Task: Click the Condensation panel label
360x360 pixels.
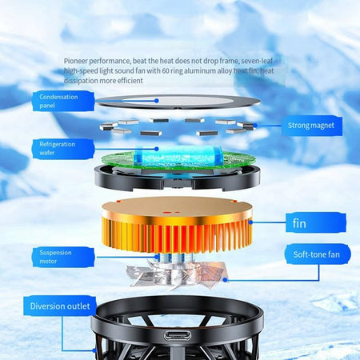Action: tap(63, 101)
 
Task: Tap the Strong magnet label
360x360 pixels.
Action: tap(311, 126)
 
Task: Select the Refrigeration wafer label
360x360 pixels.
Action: tap(63, 149)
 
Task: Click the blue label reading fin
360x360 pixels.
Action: tap(316, 223)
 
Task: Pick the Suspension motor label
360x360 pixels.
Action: tap(63, 257)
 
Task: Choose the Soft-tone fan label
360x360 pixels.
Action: tap(317, 254)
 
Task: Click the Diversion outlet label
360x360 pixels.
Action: tap(60, 306)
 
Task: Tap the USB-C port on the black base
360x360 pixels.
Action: tap(178, 335)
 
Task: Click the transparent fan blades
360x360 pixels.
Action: tap(177, 275)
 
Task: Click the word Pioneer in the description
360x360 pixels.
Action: tap(76, 61)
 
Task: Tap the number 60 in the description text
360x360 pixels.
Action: tap(166, 71)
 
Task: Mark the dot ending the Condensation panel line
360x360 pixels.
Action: tap(157, 101)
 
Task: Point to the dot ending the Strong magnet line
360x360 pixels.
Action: tap(255, 125)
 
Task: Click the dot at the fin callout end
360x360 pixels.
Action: tap(250, 222)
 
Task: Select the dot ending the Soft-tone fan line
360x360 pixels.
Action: tap(225, 280)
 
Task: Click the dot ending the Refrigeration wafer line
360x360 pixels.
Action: tap(157, 149)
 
